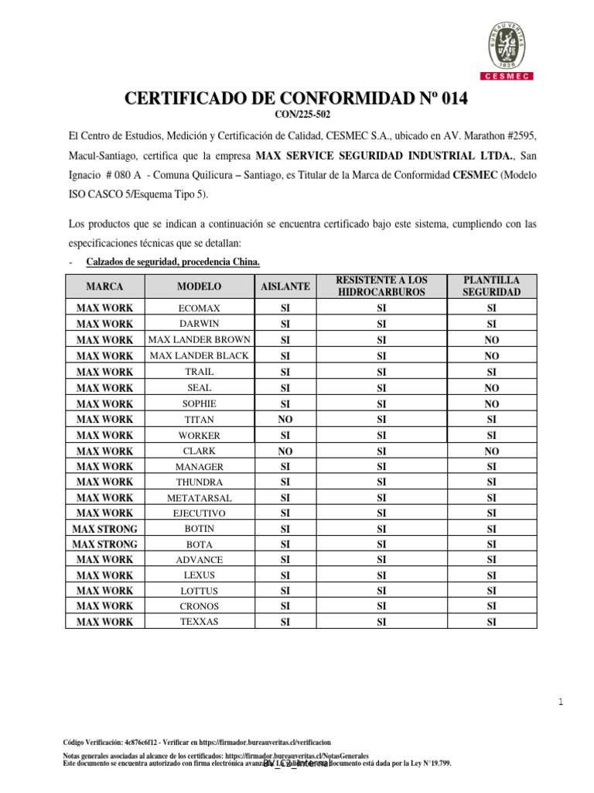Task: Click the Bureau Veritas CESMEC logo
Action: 513,47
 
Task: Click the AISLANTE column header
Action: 285,287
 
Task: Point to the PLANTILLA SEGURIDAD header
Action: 491,286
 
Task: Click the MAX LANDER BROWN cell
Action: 199,340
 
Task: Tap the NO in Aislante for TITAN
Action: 285,419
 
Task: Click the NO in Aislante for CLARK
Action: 285,451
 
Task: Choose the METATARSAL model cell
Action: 199,498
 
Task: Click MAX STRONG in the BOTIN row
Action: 104,529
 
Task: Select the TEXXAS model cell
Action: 199,622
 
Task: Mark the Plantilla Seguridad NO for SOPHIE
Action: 491,403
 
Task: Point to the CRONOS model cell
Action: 199,606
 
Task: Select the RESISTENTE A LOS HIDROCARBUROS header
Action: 381,286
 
